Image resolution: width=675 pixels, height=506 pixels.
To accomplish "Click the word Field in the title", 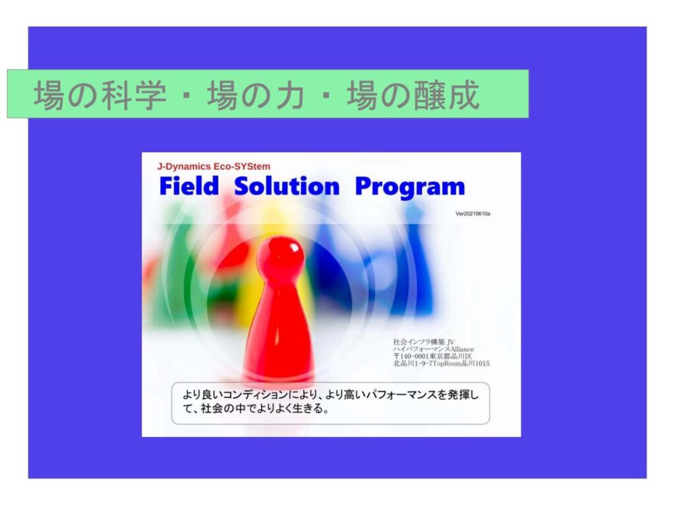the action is tap(189, 186).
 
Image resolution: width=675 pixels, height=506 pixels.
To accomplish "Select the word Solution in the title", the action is tap(287, 186).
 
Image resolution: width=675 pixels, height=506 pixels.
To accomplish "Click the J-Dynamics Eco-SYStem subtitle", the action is tap(214, 167).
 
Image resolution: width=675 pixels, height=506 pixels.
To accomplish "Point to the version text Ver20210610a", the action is tap(473, 213).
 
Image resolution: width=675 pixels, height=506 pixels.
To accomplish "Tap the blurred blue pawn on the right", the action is tap(411, 258).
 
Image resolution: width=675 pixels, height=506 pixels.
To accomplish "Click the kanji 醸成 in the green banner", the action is tap(446, 95).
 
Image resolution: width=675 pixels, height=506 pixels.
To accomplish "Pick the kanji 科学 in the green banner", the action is tap(134, 95).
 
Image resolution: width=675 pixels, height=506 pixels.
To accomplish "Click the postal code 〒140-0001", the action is tap(411, 356).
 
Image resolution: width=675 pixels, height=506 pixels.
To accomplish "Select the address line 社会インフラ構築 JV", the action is tap(424, 342).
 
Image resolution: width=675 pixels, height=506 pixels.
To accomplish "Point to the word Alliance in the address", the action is tap(462, 349).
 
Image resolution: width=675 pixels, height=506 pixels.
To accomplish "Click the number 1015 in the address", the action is tap(482, 364).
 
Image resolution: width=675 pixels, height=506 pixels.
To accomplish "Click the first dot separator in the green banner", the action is tap(187, 95).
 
